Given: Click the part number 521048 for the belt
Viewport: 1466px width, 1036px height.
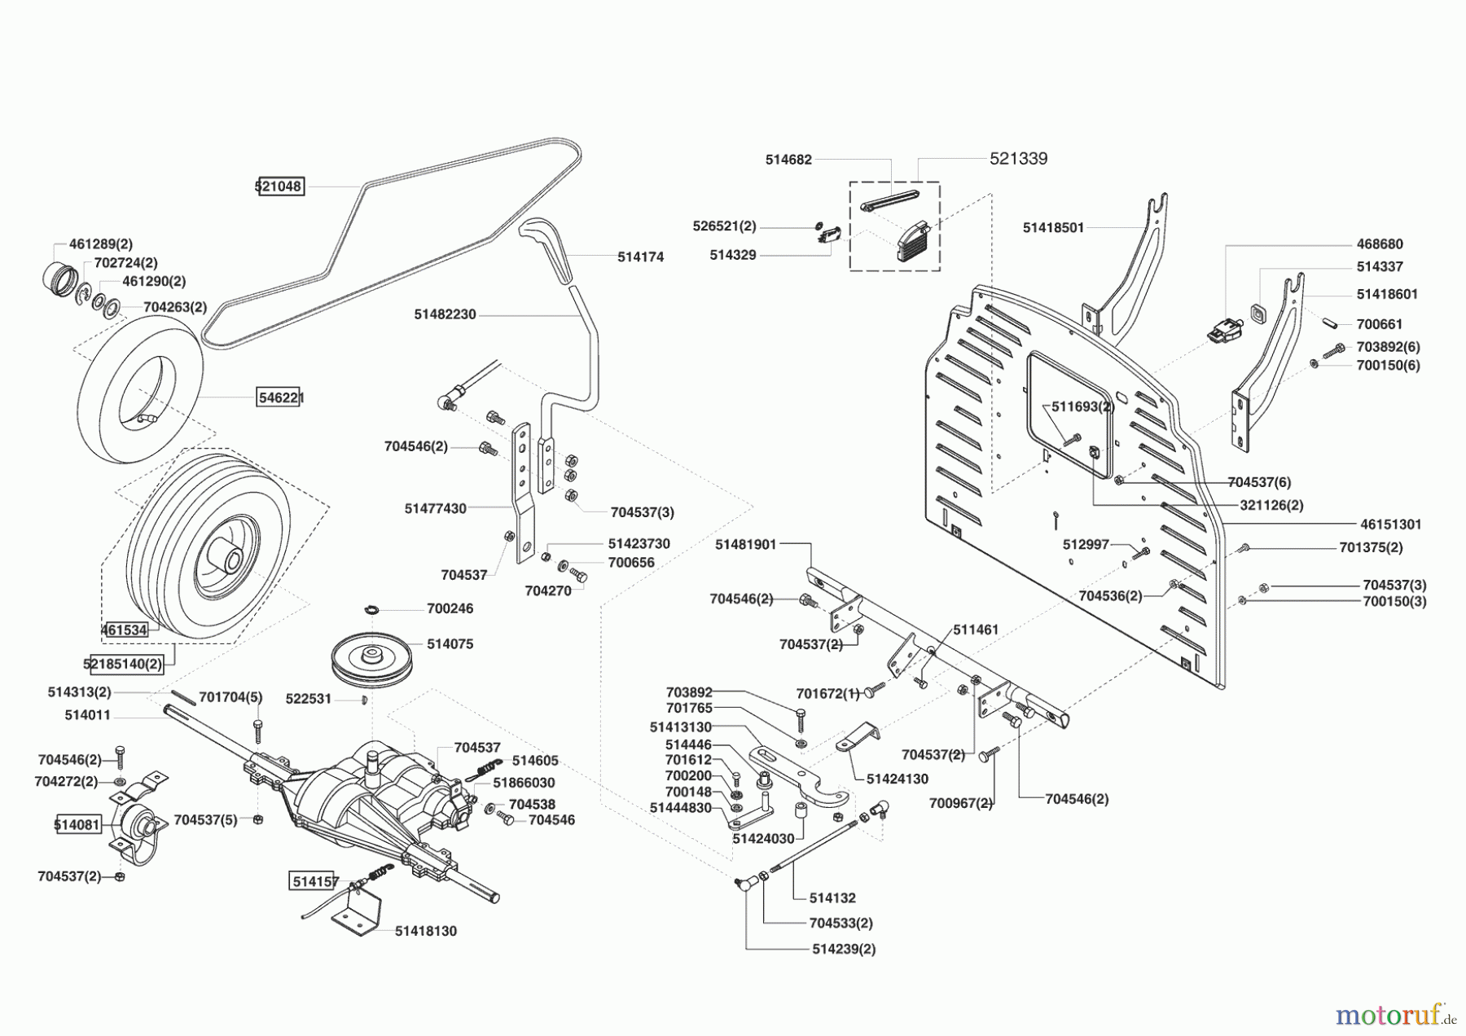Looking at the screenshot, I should [x=279, y=187].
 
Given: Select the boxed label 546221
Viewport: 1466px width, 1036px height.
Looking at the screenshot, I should [x=279, y=397].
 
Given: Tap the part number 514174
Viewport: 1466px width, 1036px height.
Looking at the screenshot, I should [x=640, y=257].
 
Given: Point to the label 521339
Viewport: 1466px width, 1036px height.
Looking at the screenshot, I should [x=1018, y=159].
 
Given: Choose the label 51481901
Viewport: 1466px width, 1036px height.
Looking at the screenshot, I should [x=746, y=544].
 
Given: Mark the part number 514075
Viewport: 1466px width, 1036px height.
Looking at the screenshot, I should [x=450, y=643].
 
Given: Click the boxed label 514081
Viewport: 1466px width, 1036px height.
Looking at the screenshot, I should [x=77, y=824].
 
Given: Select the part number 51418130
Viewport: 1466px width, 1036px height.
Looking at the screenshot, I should [x=426, y=931].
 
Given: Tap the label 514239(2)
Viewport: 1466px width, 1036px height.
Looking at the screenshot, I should [x=844, y=949].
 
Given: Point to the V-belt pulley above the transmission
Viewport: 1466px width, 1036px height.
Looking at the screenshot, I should [x=373, y=656].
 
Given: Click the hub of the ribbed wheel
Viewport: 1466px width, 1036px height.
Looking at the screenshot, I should [x=226, y=560].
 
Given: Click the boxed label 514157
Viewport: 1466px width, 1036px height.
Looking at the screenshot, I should [x=314, y=880].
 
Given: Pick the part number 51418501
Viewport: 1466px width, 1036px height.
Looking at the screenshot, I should [x=1053, y=228].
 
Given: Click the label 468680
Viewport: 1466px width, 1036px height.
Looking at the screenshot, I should [x=1380, y=244].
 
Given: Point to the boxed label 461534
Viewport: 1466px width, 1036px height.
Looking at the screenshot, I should [x=125, y=630].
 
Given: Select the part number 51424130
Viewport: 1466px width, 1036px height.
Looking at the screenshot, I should [x=897, y=779].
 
